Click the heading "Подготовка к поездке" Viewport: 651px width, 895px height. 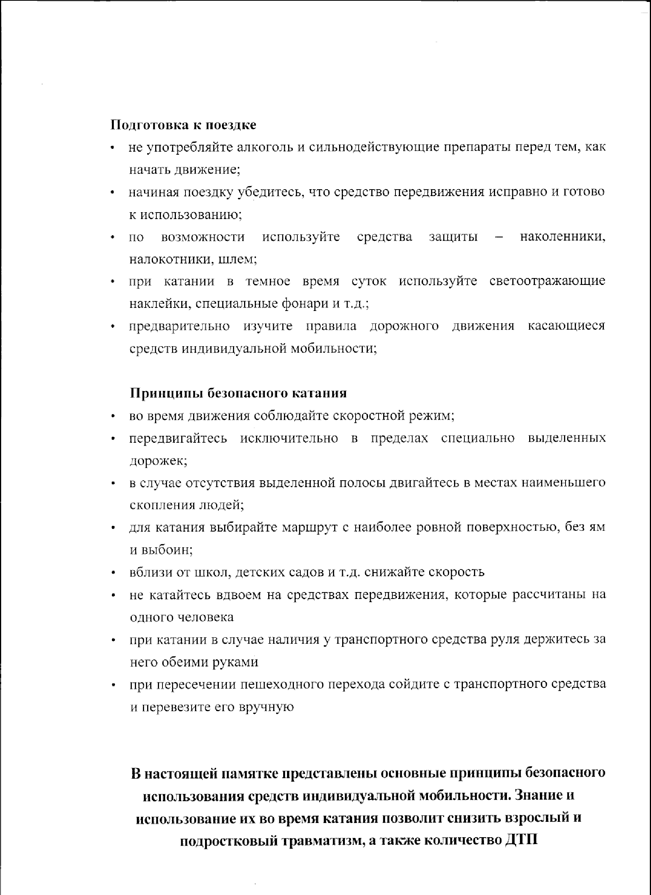tap(183, 125)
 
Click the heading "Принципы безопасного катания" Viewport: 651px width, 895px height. tap(238, 393)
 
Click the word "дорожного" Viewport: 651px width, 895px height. tap(404, 326)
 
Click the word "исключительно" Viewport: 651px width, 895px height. tap(289, 439)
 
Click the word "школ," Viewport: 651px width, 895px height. tap(212, 573)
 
